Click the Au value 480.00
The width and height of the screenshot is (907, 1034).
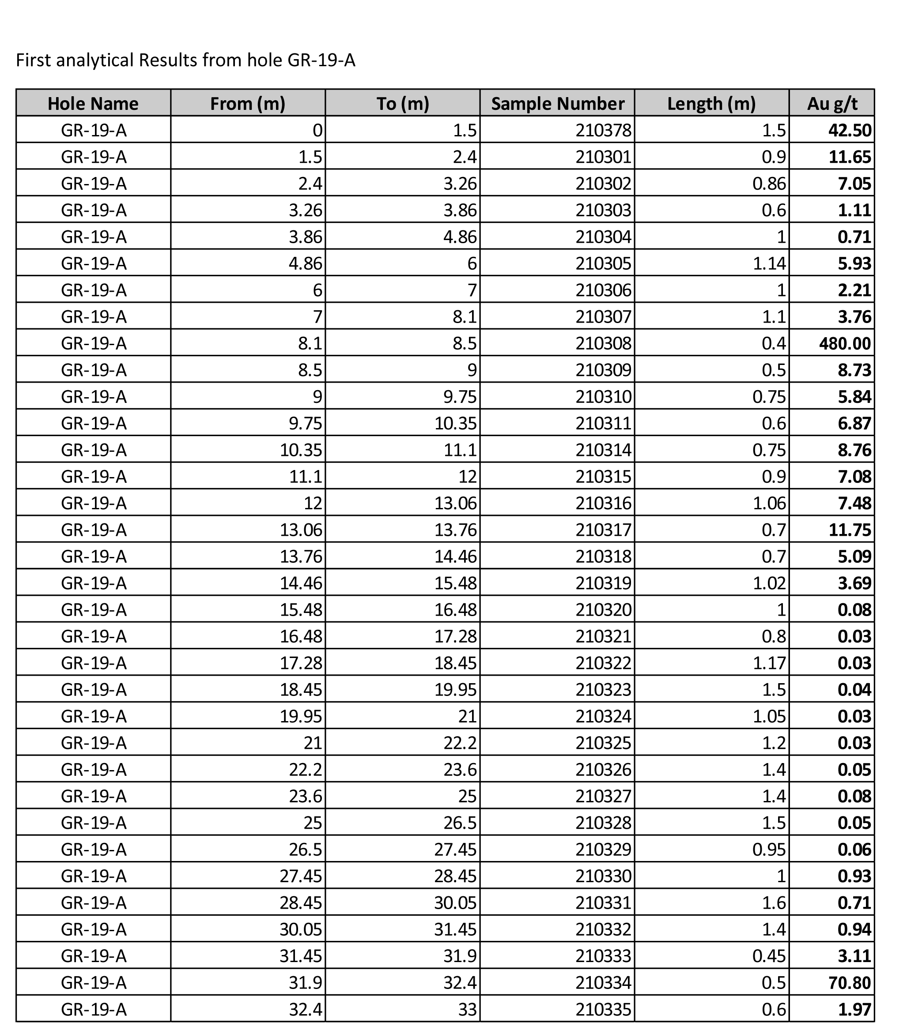click(x=845, y=343)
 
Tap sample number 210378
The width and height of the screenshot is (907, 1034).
click(x=603, y=131)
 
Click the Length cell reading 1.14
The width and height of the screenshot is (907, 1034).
click(x=769, y=263)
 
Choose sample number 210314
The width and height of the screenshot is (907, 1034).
click(x=603, y=450)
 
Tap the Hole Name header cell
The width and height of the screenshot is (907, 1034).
click(x=93, y=104)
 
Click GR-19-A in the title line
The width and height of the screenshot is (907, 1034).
click(x=321, y=60)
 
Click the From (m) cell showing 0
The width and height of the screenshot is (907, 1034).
click(x=317, y=131)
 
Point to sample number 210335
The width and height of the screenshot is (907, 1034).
click(x=603, y=1009)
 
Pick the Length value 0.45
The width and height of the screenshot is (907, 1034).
click(x=769, y=955)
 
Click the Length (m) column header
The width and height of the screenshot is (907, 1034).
click(x=711, y=104)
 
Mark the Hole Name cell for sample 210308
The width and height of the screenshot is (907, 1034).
click(x=94, y=343)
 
